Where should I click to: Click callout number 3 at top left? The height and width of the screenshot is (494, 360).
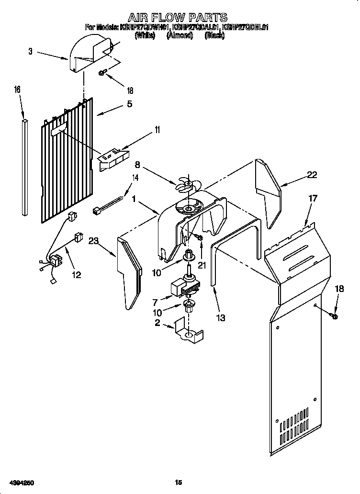click(x=31, y=51)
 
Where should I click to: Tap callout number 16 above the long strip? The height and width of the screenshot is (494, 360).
click(x=17, y=90)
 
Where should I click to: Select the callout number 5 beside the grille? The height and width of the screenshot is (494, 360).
click(x=129, y=103)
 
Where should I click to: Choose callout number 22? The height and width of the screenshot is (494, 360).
click(x=312, y=175)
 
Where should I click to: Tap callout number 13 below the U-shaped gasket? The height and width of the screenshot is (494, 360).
click(x=221, y=317)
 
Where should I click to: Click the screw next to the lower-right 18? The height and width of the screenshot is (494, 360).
click(x=333, y=315)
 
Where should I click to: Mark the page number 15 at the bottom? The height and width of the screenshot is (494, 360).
click(x=179, y=483)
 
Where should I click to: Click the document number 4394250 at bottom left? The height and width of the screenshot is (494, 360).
click(x=19, y=483)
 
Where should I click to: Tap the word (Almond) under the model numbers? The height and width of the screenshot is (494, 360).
click(x=180, y=35)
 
